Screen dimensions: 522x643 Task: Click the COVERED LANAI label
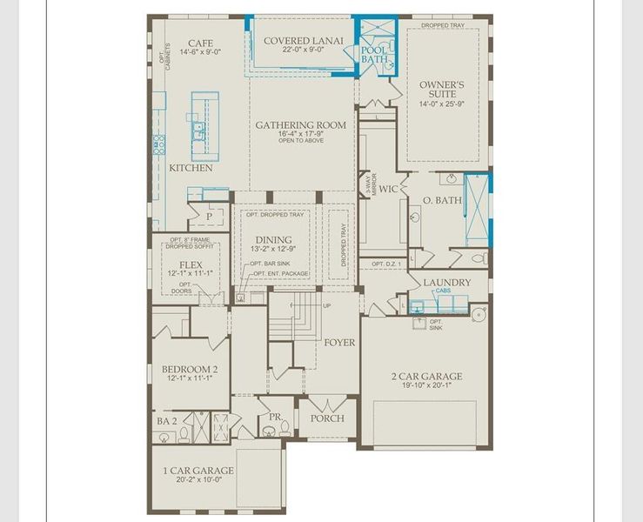[x=303, y=40]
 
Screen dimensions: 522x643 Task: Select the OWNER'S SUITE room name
[x=443, y=90]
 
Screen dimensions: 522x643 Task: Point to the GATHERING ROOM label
[x=300, y=125]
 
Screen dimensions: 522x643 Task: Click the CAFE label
[x=202, y=43]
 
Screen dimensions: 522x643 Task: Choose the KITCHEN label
[x=191, y=168]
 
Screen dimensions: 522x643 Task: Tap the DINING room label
[x=273, y=240]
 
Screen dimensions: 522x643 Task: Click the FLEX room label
[x=191, y=264]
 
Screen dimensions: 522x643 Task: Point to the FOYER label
[x=339, y=342]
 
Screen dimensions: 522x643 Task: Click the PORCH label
[x=327, y=418]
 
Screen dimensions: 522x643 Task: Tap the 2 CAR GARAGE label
[x=426, y=377]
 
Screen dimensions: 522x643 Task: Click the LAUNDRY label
[x=446, y=283]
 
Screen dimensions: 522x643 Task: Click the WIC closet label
[x=388, y=188]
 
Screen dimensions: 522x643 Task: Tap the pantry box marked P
[x=210, y=216]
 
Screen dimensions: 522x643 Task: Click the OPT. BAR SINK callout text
[x=270, y=263]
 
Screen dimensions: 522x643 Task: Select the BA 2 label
[x=166, y=421]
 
